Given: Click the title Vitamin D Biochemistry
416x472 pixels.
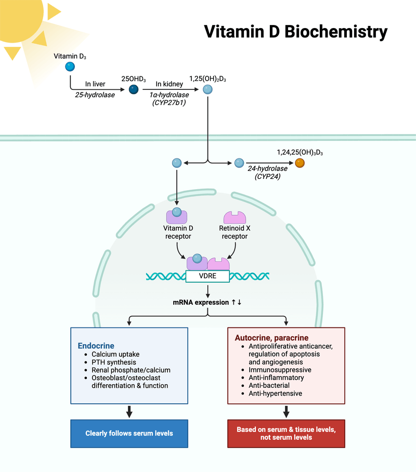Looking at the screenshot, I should tap(295, 31).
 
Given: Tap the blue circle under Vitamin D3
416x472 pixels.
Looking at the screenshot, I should tap(69, 67).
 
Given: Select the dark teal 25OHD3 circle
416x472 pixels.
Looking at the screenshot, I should tap(134, 89).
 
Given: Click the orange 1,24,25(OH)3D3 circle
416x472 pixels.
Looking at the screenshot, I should tap(300, 163).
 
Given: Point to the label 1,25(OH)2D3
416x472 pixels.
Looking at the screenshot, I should tap(207, 78).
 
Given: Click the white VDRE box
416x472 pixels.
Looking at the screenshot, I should tap(207, 276).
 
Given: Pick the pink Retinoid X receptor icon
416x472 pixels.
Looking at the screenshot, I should tap(233, 217).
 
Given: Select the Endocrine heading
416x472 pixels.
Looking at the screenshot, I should tap(96, 345).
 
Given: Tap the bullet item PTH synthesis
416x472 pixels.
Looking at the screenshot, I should tap(114, 362).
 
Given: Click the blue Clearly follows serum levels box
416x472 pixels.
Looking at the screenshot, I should tap(129, 433).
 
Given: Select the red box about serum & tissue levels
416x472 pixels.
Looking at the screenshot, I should tap(286, 434).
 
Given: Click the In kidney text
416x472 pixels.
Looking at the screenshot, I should tap(168, 84).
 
